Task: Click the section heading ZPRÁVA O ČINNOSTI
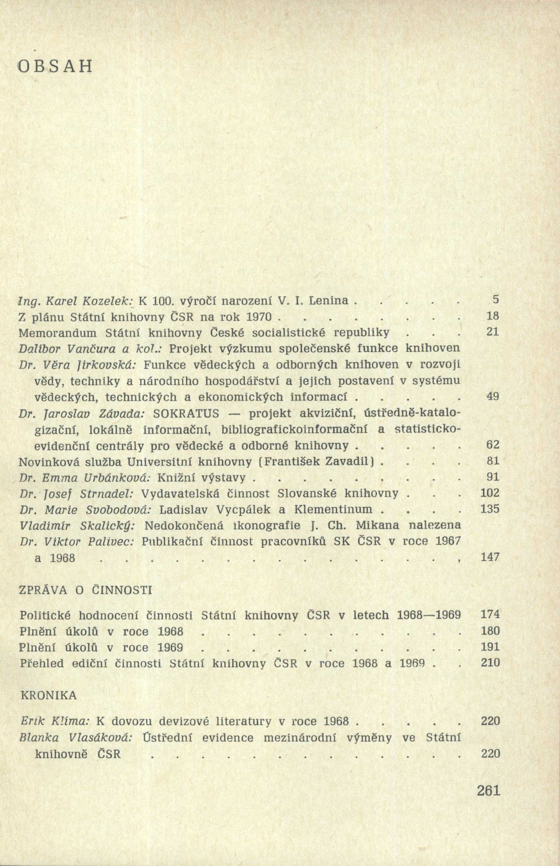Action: click(85, 590)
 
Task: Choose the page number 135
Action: click(490, 509)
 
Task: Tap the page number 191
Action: click(490, 647)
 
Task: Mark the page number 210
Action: click(490, 663)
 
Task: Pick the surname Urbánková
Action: click(89, 477)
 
